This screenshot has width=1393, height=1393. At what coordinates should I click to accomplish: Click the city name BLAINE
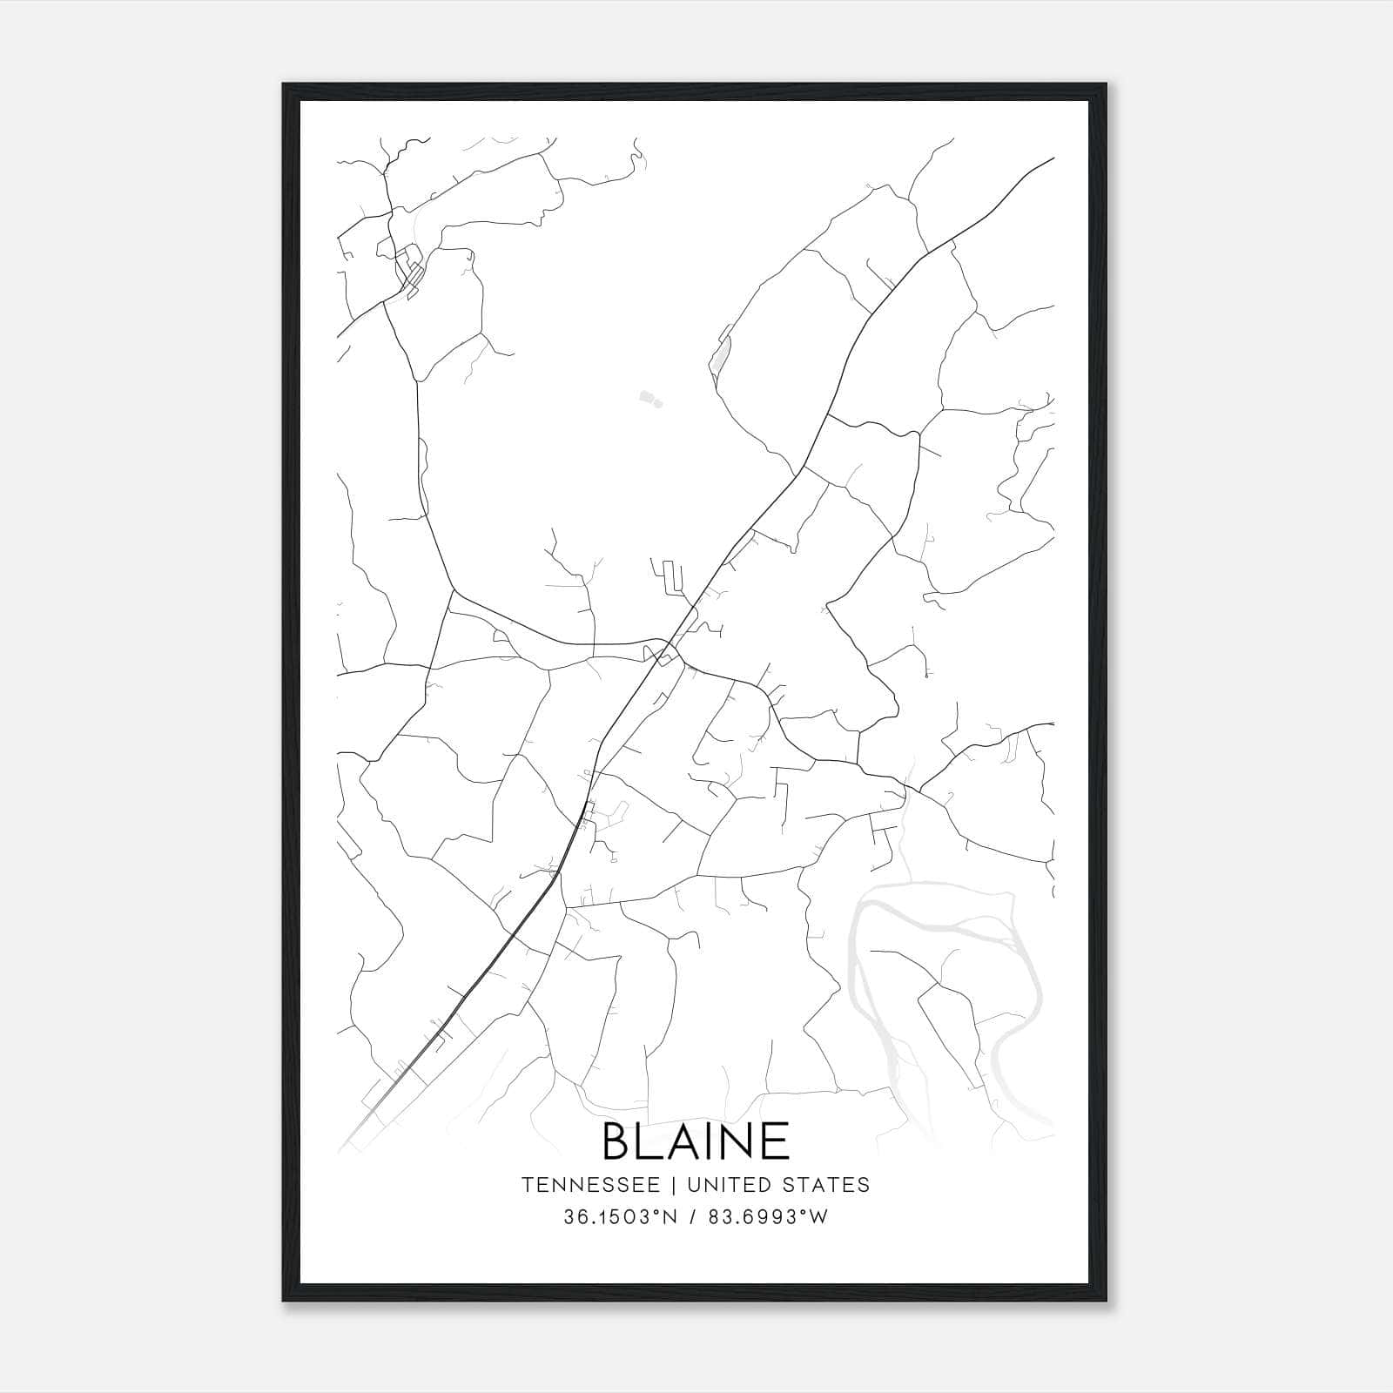point(696,1141)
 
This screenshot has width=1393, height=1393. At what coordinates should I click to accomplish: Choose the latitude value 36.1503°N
point(620,1217)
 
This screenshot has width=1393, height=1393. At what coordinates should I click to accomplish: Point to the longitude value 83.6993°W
point(769,1217)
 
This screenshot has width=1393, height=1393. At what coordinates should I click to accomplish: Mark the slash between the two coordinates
point(694,1217)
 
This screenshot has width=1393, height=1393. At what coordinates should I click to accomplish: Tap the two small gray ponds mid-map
point(649,400)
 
